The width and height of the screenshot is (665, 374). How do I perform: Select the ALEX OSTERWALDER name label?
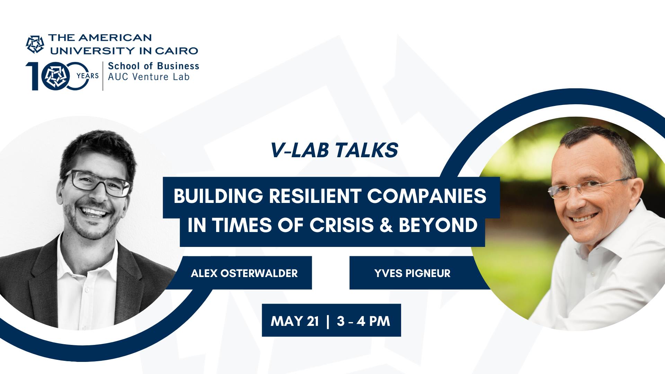tap(244, 273)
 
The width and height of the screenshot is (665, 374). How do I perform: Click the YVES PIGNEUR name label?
tap(412, 273)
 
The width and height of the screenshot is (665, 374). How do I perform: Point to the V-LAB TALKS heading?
tap(334, 150)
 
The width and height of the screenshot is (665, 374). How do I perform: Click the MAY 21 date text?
tap(295, 321)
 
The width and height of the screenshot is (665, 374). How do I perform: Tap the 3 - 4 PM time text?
tap(363, 321)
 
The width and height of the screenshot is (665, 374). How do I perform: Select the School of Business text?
tap(154, 66)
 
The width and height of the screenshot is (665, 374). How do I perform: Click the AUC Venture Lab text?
tap(149, 77)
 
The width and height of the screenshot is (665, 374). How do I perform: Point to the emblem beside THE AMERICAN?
tap(35, 44)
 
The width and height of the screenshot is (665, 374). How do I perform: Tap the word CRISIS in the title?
tap(342, 225)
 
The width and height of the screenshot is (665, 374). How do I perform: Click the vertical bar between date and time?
tap(328, 321)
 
